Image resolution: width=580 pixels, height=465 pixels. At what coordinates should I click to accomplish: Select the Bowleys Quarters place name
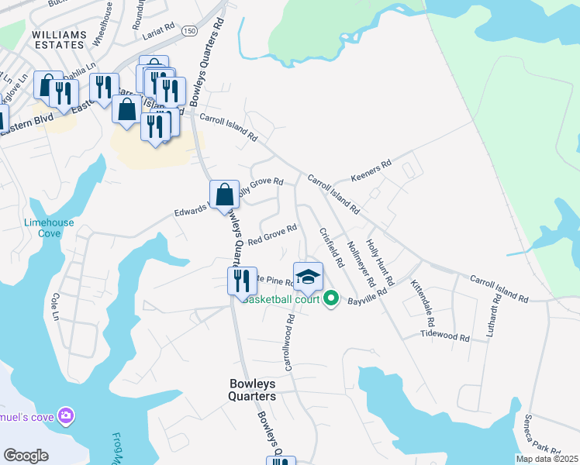coord(252,390)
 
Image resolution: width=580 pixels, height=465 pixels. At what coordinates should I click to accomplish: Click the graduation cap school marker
coord(308,275)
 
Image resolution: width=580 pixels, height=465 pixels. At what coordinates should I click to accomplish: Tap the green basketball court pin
coord(331,298)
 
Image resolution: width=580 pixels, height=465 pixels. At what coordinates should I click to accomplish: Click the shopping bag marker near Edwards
coord(224,195)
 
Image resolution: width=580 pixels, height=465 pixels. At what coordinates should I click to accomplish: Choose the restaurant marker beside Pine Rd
coord(242,280)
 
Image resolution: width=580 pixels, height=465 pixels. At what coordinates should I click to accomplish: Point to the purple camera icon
coord(67,416)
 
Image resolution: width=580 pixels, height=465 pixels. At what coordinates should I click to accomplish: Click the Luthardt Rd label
coord(495,318)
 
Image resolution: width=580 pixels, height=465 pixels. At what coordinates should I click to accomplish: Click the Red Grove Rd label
coord(273,234)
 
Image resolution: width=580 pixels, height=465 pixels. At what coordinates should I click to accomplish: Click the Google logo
coord(26,456)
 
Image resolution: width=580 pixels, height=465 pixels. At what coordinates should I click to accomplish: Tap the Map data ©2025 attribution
coord(547,459)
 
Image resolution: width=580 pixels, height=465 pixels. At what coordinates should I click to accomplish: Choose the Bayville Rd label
coord(367,299)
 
